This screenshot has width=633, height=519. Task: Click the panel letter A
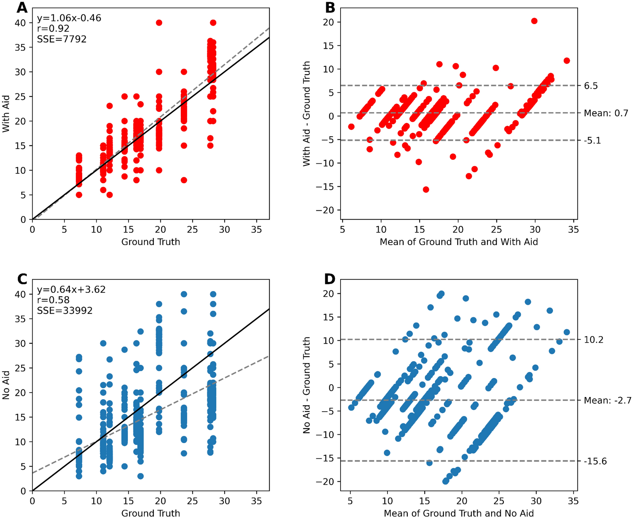coord(22,8)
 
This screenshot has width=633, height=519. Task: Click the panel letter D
coord(329,279)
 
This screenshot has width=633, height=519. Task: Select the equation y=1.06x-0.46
coord(69,18)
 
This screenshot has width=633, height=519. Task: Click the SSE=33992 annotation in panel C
coord(65,310)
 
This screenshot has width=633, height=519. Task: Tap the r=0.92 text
coord(53,28)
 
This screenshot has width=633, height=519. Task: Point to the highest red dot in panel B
coord(534,21)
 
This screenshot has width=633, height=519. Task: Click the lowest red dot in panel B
coord(426,190)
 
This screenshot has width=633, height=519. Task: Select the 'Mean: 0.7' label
coord(606,113)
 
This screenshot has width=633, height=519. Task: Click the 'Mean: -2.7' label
coord(607,400)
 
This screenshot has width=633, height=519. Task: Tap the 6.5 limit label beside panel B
coord(591,86)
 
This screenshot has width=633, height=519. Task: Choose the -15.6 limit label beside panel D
coord(595,461)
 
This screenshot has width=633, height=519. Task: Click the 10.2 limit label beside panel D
coord(593,340)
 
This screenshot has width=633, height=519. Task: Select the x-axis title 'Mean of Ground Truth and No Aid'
coord(458,513)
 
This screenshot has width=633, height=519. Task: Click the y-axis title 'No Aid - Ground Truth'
coord(307,385)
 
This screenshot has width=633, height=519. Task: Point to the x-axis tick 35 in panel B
coord(573,230)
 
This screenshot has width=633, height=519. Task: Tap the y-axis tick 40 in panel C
coord(20,294)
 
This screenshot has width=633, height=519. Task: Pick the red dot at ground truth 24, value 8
coord(184,180)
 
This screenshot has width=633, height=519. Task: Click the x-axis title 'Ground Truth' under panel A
coord(151,242)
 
